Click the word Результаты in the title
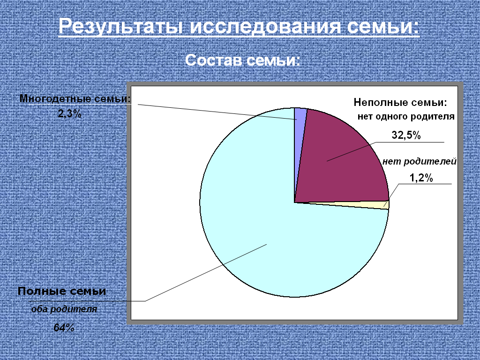[121, 26]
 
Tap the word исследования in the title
[265, 26]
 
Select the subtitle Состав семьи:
[243, 60]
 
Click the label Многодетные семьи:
[75, 98]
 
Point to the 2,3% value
[70, 114]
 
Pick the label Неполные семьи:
[400, 102]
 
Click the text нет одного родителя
[406, 117]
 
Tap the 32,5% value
[406, 135]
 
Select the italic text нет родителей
[420, 161]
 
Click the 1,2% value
[421, 178]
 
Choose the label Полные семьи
[62, 291]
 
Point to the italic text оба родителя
[64, 309]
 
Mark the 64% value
[64, 328]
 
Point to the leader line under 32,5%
[385, 151]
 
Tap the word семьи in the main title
[383, 26]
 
